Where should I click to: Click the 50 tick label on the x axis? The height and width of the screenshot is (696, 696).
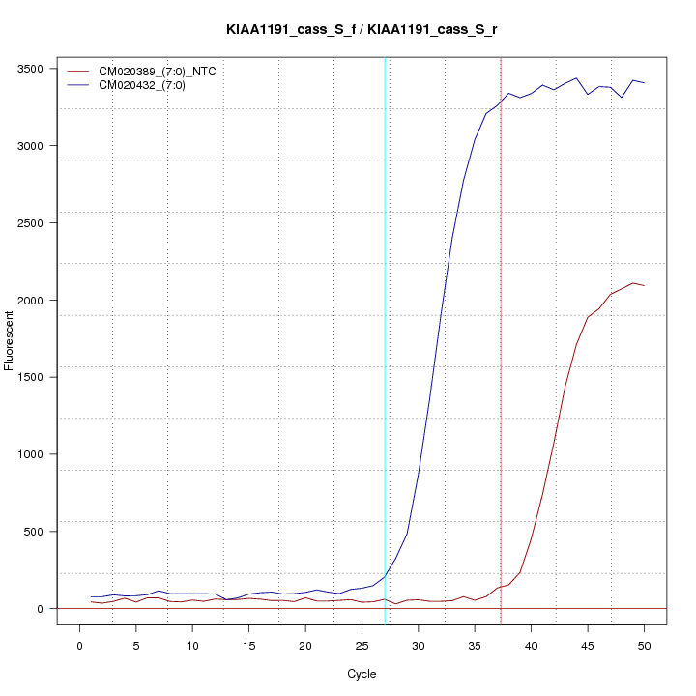point(644,645)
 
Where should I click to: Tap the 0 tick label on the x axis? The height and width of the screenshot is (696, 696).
point(80,645)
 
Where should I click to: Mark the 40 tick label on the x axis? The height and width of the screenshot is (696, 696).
point(531,645)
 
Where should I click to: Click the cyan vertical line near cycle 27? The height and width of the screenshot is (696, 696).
point(385,290)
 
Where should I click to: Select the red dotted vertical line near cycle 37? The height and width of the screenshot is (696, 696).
point(501,290)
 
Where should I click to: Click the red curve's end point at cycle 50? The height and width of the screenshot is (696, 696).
point(644,286)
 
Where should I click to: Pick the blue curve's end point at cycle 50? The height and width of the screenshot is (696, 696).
point(644,83)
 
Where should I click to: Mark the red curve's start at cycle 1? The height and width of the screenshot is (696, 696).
point(92,601)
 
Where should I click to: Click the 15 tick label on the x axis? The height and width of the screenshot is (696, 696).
point(249,645)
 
